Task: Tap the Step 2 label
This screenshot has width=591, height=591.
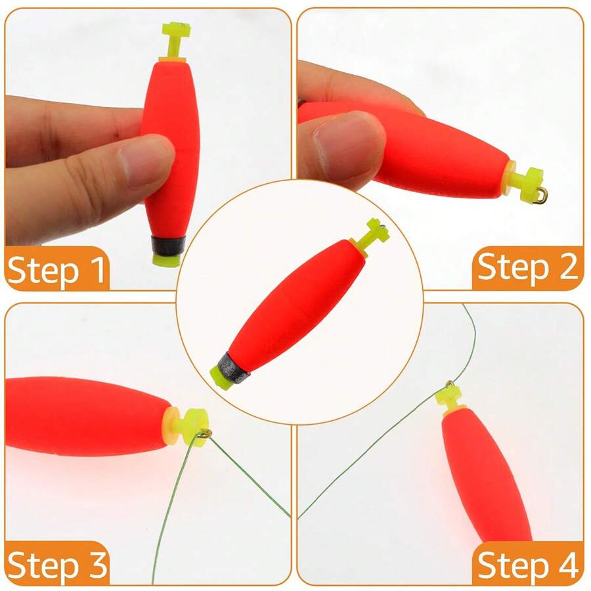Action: tap(527, 267)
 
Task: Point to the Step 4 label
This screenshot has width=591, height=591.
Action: tap(527, 564)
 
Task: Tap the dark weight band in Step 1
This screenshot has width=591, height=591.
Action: tap(168, 246)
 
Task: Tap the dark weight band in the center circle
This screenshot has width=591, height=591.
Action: tap(232, 367)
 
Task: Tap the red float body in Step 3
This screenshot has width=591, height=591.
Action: tap(87, 416)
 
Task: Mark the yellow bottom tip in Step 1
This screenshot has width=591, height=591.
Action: tap(167, 260)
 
